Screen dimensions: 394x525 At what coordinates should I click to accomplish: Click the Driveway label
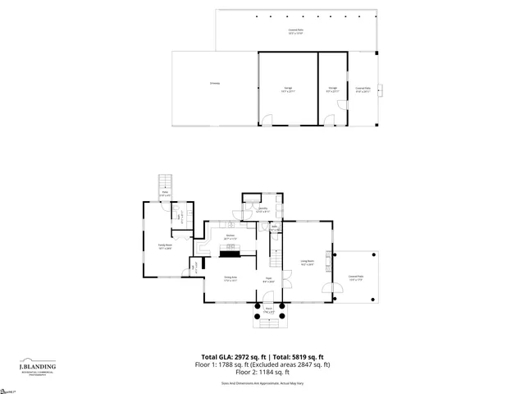[x=214, y=83]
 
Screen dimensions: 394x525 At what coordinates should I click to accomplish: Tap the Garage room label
[x=288, y=89]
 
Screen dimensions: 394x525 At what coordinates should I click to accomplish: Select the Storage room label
[x=333, y=89]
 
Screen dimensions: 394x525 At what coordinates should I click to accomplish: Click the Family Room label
[x=165, y=246]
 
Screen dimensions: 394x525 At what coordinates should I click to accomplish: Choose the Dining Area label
[x=231, y=279]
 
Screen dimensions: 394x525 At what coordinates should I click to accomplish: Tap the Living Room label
[x=306, y=263]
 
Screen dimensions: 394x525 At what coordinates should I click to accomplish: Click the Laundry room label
[x=263, y=210]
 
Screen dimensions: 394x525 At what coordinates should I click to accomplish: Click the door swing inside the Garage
[x=267, y=120]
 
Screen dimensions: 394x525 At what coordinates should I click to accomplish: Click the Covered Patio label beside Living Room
[x=355, y=277]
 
